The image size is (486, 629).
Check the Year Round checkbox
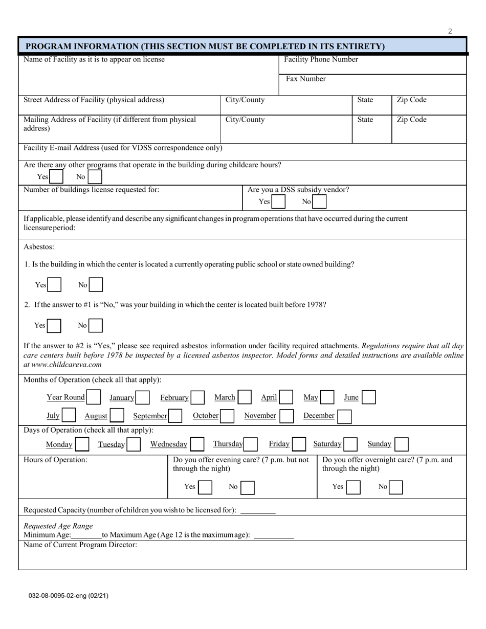93,397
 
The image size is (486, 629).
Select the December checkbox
344,416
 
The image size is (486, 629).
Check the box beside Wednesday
197,444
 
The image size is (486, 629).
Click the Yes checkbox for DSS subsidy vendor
278,201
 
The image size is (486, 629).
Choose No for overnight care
395,487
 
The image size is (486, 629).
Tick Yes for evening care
205,487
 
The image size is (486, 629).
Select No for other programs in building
95,177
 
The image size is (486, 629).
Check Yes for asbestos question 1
54,285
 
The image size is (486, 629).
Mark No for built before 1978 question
96,326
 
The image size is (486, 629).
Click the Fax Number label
305,79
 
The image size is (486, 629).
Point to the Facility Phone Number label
321,59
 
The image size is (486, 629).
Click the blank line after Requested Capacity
258,510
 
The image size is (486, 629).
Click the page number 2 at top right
450,31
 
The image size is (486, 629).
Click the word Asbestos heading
39,247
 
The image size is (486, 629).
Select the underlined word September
150,416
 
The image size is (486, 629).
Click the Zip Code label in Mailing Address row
411,120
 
